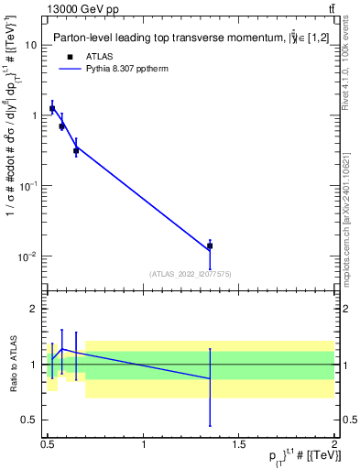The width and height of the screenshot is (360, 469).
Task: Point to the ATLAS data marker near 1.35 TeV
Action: coord(210,245)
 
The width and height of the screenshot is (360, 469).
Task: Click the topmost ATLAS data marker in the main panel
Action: coord(52,109)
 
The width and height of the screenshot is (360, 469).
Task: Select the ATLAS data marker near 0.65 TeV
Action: coord(76,150)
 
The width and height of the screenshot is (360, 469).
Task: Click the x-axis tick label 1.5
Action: coord(239,444)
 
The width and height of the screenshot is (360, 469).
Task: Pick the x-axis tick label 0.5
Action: coord(48,444)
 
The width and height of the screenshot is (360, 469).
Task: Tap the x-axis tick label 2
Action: coord(334,444)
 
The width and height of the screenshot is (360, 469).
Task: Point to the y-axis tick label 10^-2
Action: coord(28,256)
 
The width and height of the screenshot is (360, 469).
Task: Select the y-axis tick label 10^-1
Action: coord(28,185)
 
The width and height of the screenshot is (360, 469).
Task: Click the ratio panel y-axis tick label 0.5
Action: coord(30,420)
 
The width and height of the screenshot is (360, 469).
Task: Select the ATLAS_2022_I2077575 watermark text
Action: coord(189,274)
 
